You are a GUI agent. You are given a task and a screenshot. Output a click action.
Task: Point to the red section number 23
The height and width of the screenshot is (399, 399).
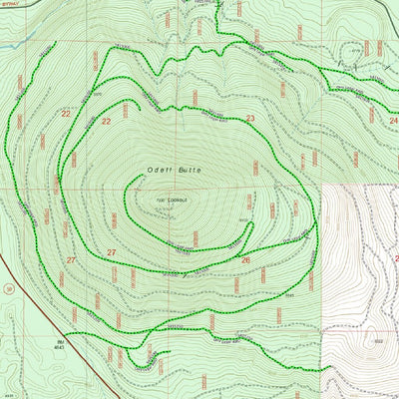[x=250, y=119]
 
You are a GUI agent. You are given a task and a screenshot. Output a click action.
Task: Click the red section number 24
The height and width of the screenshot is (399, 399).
[x=393, y=119]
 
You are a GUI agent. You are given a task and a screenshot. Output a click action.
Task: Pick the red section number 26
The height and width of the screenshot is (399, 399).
[x=245, y=260]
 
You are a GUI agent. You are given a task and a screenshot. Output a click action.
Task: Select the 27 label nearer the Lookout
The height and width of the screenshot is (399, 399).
[x=112, y=251]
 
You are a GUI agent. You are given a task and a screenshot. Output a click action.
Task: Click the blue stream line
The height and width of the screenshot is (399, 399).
[x=10, y=45]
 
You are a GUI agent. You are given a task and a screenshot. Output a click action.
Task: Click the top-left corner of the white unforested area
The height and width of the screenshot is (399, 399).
[x=323, y=186]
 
